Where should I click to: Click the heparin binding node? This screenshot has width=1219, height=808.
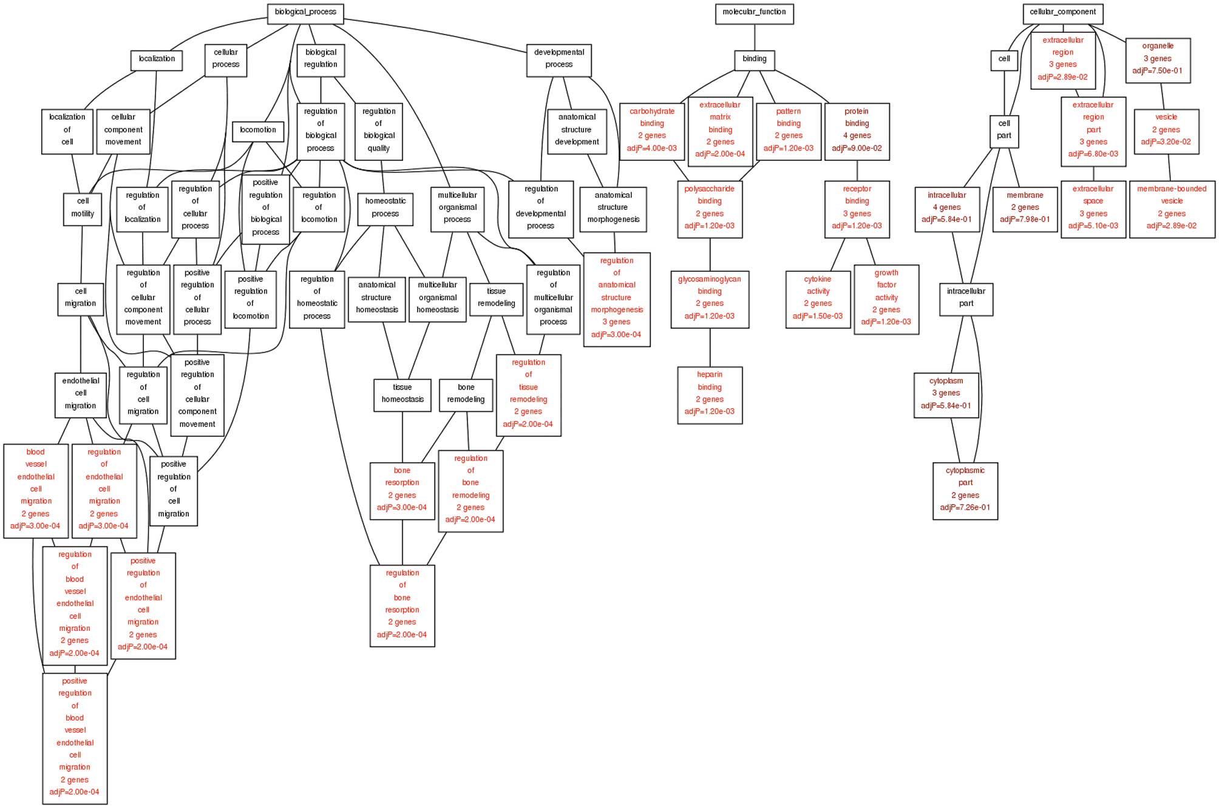coord(710,394)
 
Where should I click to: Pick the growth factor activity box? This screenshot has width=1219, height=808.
coord(886,299)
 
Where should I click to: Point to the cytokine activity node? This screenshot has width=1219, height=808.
coord(818,299)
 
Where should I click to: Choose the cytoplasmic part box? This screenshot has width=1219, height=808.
coord(965,490)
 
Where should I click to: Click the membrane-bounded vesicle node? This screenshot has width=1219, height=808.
coord(1172,208)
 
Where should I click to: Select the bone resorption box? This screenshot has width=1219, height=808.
coord(402,490)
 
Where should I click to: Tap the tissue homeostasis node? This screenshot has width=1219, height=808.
coord(402,394)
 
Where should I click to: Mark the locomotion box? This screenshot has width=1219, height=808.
coord(258,131)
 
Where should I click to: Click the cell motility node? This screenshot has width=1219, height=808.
coord(83,209)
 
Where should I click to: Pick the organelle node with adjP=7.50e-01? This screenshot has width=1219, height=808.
coord(1158,59)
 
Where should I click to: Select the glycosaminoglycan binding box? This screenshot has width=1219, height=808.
coord(710,299)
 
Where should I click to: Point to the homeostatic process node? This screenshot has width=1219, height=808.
coord(385,209)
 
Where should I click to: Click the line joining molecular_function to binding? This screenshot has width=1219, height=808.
coord(755,38)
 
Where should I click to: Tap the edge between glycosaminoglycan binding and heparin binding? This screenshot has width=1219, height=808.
coord(710,347)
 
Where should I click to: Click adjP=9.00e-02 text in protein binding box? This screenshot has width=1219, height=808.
coord(857,148)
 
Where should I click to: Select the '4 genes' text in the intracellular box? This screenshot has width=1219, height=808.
coord(946,207)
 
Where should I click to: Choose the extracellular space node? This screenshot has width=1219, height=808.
coord(1093,208)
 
